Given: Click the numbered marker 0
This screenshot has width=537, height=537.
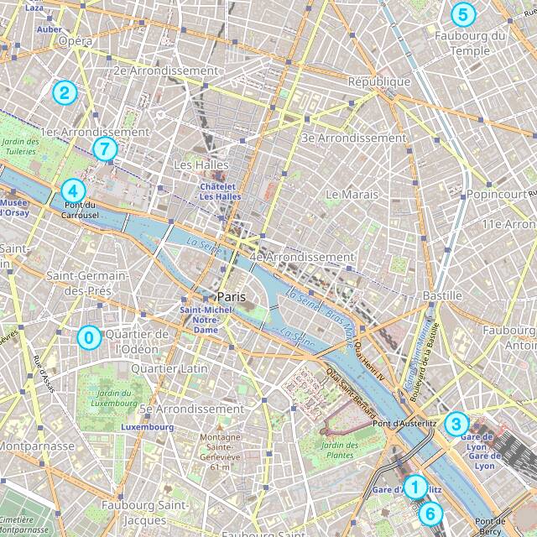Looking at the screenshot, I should coord(87,337).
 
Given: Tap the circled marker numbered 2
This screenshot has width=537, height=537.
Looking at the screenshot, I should coord(63,92).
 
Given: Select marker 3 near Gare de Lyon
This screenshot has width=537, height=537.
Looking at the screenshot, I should coord(456,423).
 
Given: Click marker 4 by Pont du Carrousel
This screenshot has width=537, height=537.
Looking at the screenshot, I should coord(73,190).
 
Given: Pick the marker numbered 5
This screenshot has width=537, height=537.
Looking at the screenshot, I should coord(461,14).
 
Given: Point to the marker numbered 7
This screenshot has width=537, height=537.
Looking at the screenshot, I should coord(103,149).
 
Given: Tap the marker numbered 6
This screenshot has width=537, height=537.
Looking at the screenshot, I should coord(429,514).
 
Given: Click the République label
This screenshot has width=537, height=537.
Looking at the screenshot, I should coord(379,81).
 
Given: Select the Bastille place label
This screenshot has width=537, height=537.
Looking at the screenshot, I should coord(442,295).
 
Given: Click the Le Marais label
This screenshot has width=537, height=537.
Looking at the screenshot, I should coord(352,194).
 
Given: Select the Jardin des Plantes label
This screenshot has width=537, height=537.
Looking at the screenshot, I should coord(340,450).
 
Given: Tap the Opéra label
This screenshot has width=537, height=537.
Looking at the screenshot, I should coord(76,40).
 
